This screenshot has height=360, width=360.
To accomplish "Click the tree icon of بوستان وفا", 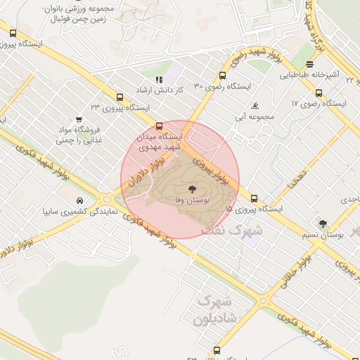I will click(x=191, y=188).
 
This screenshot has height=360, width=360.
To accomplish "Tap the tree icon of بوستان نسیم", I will click(x=323, y=223).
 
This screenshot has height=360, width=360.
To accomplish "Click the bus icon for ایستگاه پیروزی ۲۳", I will click(x=119, y=97).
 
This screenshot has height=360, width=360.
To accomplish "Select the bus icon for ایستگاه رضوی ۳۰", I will click(x=223, y=75).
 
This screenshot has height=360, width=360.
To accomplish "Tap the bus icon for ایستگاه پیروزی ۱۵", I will click(x=254, y=198).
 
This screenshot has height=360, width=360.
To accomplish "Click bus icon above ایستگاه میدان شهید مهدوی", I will click(x=158, y=125).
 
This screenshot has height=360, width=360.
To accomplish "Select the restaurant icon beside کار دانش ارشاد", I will click(x=159, y=80).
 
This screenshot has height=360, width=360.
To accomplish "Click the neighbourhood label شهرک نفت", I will click(x=232, y=230).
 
